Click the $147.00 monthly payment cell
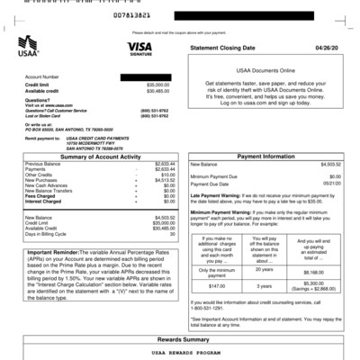coord(216,284)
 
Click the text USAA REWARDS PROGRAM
coord(180,353)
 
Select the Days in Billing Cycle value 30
coord(171,234)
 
